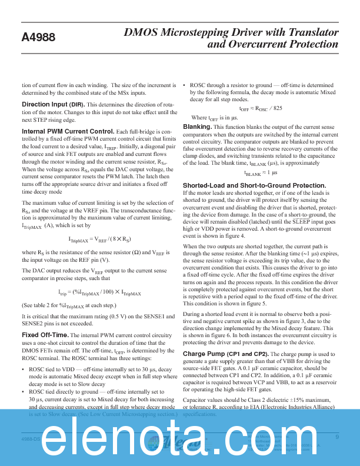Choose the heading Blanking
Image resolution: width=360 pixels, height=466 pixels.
pyautogui.click(x=197, y=127)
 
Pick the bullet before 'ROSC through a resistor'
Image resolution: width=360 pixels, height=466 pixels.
pyautogui.click(x=185, y=85)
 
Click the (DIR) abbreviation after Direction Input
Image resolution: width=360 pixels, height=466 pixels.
pyautogui.click(x=77, y=104)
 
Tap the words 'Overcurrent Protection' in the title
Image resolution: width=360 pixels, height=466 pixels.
pyautogui.click(x=284, y=45)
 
